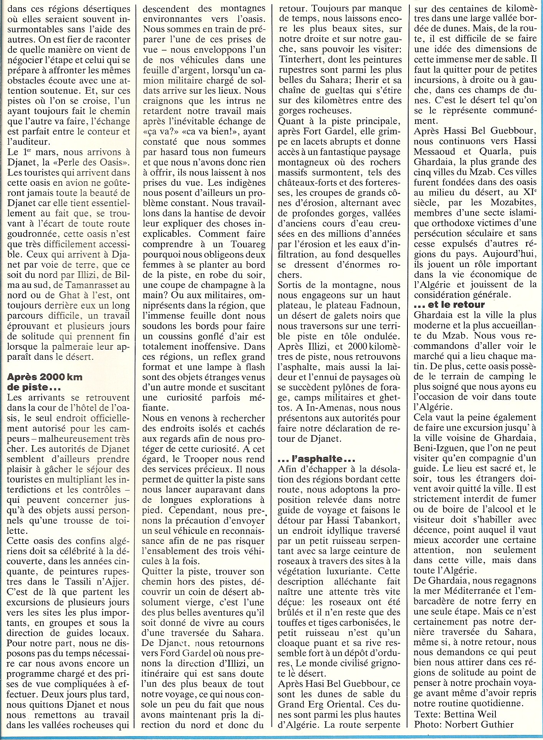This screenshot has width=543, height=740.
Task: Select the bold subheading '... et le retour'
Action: pyautogui.click(x=450, y=304)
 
